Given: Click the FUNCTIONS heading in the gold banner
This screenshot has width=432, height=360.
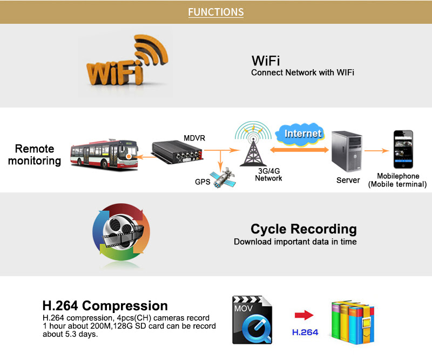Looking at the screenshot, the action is tap(215, 12).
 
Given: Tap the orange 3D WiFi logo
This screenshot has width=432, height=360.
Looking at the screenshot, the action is tap(127, 61).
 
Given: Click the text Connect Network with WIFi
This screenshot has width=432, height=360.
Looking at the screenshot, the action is tap(302, 72).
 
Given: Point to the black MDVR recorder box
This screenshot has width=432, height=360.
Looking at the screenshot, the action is tap(177, 152).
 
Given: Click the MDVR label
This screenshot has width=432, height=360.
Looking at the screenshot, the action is tap(194, 138).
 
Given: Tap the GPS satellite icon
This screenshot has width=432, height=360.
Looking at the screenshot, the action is tap(223, 177).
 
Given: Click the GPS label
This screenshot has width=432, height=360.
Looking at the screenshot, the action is tap(202, 182).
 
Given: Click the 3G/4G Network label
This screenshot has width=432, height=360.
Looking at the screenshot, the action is tap(268, 175).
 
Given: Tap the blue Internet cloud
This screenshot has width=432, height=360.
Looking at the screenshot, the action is tap(301, 134).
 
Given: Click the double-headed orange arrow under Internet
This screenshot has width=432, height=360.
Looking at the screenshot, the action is tap(299, 150).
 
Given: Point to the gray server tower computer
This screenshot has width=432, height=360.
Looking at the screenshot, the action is tap(347, 151).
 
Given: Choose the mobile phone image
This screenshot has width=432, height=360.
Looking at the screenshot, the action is tap(403, 149).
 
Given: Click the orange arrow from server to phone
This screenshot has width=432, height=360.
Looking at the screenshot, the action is tap(376, 151).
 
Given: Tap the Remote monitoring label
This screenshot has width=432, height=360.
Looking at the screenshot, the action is tap(35, 155).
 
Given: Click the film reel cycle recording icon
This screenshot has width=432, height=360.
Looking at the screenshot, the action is tap(121, 232).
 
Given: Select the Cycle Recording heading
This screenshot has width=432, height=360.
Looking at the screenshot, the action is tap(303, 229).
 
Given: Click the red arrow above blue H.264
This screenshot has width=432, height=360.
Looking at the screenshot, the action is tap(304, 315).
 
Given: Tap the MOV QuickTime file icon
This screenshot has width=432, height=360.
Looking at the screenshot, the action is tap(252, 320).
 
